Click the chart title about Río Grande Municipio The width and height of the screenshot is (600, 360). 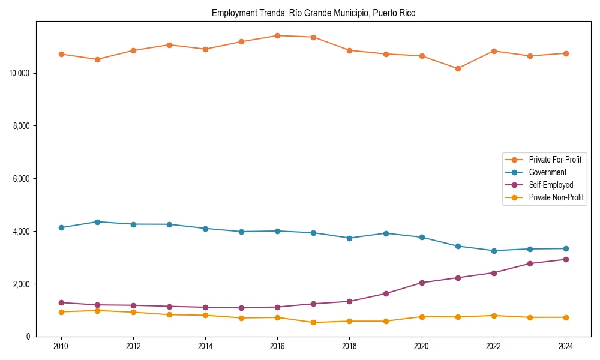313,13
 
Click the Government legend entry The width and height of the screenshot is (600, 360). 547,172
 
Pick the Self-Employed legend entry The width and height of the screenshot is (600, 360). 551,185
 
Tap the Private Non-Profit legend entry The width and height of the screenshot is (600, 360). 556,197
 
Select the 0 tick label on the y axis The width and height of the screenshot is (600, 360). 28,337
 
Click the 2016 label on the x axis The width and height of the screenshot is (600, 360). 277,346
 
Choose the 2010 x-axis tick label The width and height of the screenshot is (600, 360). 61,346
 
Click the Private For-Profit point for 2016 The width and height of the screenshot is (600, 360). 277,35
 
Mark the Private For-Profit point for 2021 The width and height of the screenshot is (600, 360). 458,68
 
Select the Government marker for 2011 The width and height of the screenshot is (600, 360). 97,222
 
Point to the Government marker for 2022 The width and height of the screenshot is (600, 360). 494,251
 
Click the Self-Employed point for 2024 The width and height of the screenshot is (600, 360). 566,259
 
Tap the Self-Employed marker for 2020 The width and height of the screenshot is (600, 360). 422,283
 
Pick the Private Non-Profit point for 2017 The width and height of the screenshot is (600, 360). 313,322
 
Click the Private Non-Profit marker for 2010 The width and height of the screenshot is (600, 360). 61,312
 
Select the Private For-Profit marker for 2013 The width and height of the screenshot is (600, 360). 169,45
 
